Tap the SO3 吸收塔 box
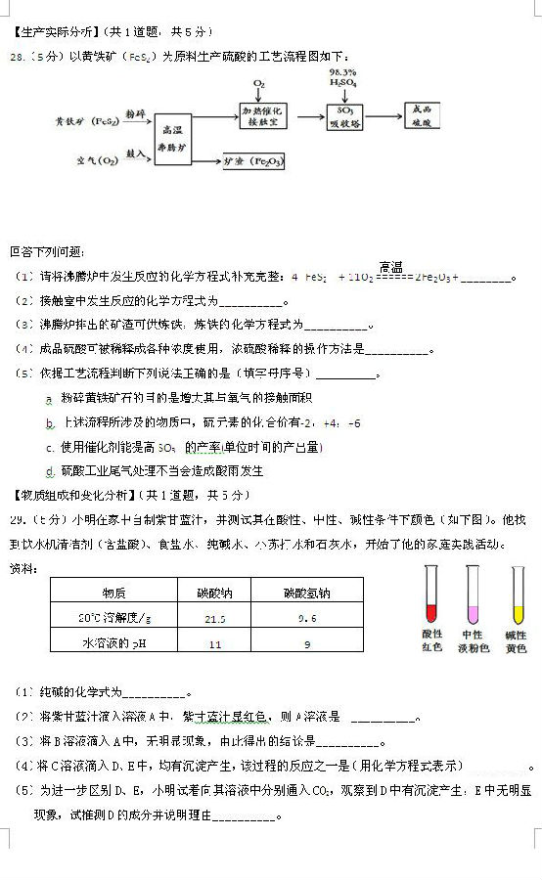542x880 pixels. point(344,117)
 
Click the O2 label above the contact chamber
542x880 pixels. point(259,85)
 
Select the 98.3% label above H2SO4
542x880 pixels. point(342,72)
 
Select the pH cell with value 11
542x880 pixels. point(214,643)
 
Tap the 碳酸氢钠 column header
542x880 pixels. point(307,593)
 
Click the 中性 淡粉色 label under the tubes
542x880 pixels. point(474,641)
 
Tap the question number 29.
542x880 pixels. point(17,517)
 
